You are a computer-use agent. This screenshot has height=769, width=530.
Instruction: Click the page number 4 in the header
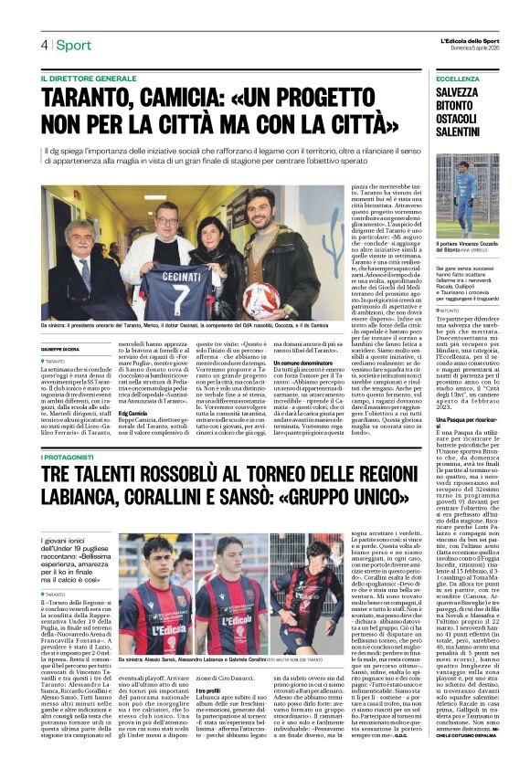[43, 45]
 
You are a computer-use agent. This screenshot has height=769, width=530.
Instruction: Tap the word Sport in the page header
[73, 45]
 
